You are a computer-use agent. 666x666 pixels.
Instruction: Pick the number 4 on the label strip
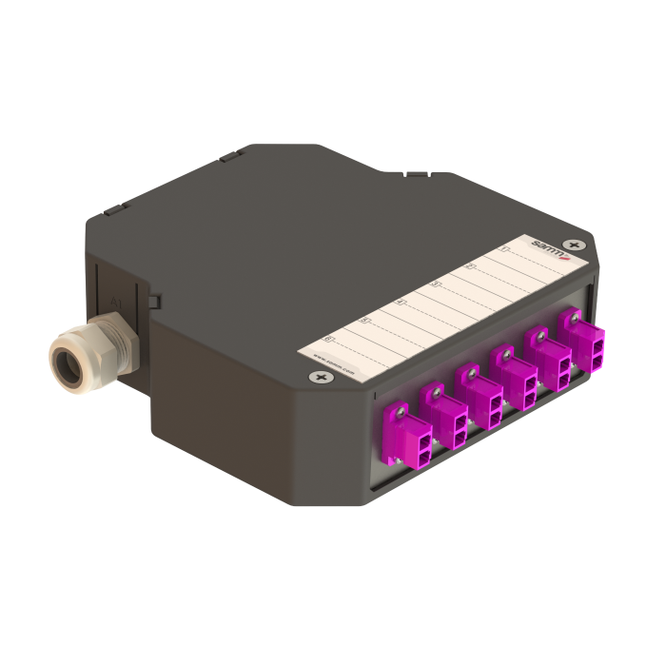400,302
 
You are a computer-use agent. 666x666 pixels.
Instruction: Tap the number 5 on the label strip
364,320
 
